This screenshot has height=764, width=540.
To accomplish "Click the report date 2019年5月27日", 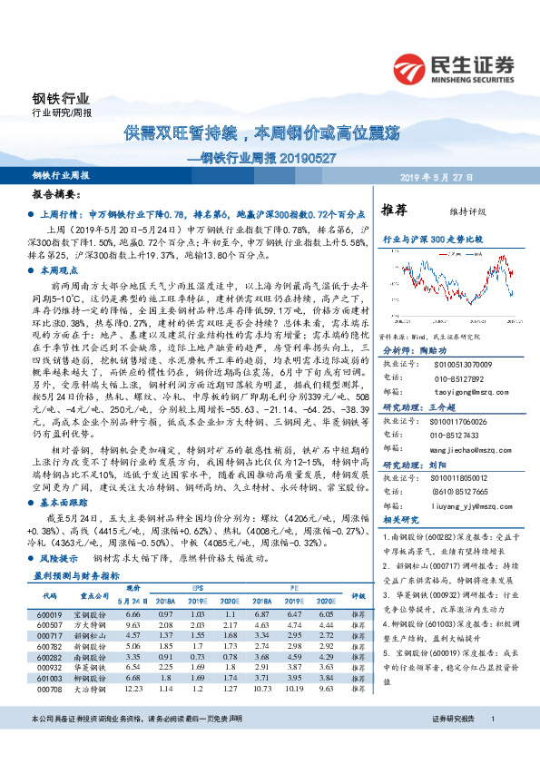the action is click(x=480, y=176).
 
